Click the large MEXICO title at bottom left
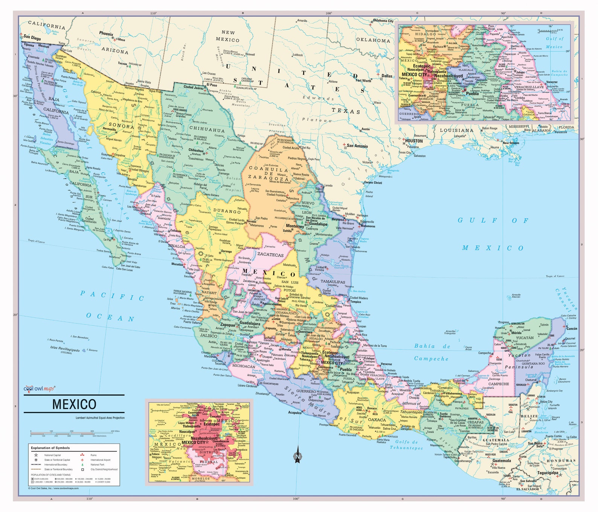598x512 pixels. coord(74,404)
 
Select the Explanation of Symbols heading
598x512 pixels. coord(50,448)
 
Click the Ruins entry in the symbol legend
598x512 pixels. coord(93,455)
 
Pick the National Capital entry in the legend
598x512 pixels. coord(52,455)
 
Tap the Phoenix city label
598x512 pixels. coord(106,34)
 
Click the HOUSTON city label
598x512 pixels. coord(414,141)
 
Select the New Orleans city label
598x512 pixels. coord(511,143)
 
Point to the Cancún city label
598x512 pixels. coord(572,328)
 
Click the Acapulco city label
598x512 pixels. coord(295,412)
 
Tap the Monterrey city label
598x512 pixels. coord(295,226)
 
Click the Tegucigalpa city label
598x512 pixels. coord(547,473)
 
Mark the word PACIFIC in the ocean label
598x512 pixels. coord(112,296)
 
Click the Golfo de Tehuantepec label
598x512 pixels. coord(406,445)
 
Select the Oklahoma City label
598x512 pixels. coord(383,21)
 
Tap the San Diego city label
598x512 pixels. coord(32,38)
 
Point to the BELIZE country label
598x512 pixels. coord(529,416)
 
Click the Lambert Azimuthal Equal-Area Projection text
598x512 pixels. coord(100,418)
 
